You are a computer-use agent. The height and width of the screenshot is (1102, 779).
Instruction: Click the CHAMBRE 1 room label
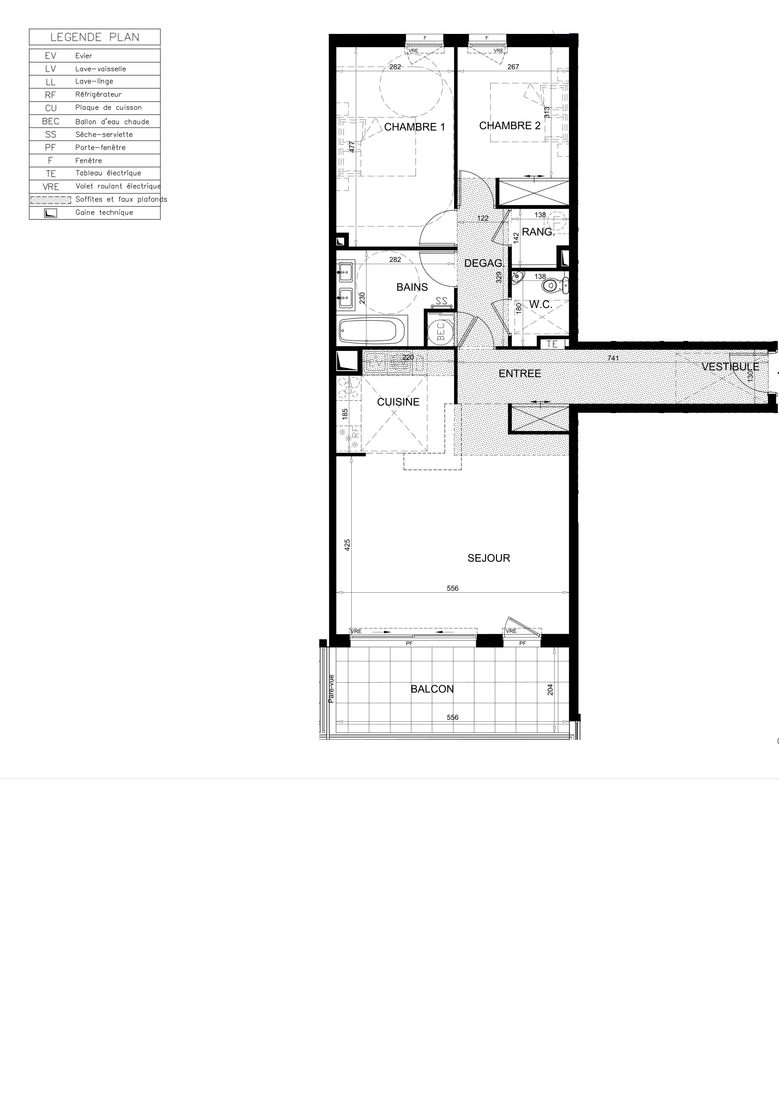[415, 127]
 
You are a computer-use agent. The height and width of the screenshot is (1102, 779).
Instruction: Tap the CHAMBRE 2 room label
[510, 126]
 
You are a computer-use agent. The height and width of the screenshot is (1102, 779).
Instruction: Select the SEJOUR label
[489, 558]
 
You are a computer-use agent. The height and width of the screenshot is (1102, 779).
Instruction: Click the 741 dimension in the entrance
[613, 358]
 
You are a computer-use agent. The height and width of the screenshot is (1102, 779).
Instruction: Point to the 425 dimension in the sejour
[347, 545]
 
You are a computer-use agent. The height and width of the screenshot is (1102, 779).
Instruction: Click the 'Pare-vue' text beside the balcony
[331, 689]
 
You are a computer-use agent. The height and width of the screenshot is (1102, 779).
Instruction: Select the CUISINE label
[398, 402]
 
